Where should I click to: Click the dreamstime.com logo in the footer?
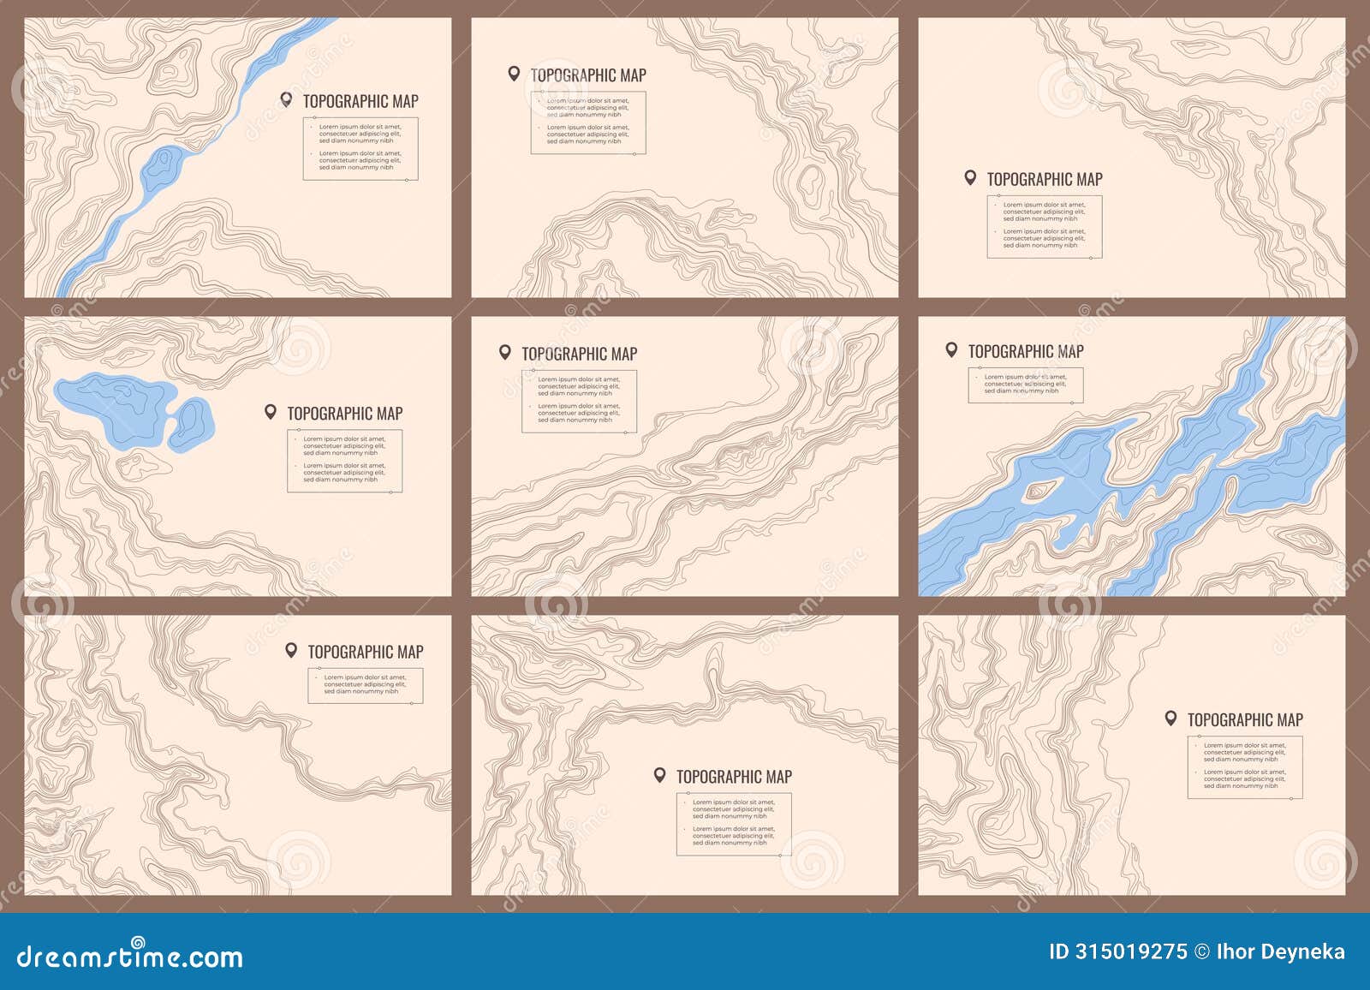[130, 956]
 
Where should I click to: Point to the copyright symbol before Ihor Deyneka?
[1202, 951]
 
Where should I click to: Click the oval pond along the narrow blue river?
[163, 168]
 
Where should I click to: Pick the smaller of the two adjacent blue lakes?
[191, 424]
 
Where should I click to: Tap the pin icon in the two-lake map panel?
[271, 412]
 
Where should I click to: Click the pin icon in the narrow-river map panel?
[287, 100]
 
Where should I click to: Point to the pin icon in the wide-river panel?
[951, 349]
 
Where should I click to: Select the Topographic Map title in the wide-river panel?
[1025, 351]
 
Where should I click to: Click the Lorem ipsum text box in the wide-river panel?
[1025, 385]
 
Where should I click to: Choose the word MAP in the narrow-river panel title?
[405, 101]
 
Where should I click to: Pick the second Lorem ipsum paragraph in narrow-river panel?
[360, 160]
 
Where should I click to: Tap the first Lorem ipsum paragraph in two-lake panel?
[344, 445]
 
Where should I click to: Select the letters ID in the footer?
[1059, 951]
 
